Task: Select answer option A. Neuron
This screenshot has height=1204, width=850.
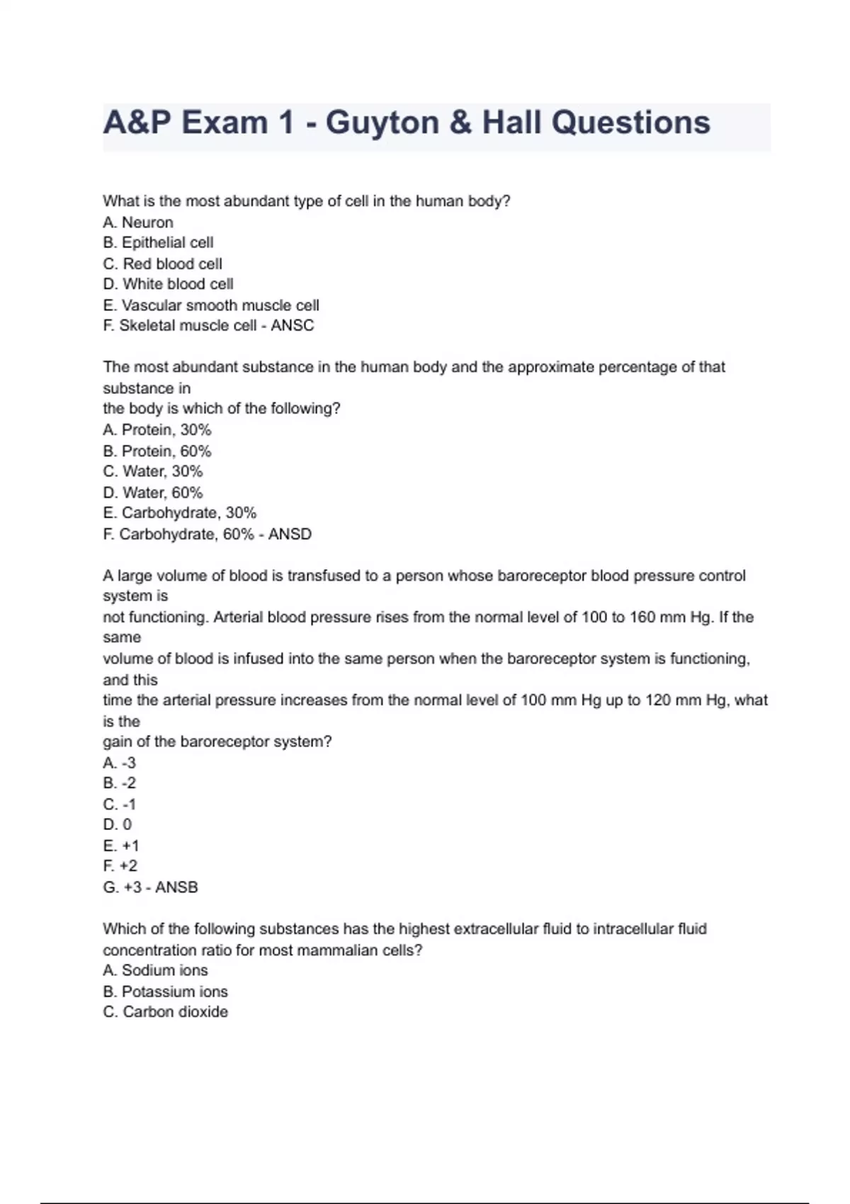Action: tap(138, 222)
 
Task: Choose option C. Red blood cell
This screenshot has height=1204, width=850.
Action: tap(162, 263)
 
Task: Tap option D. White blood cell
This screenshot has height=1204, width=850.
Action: tap(168, 284)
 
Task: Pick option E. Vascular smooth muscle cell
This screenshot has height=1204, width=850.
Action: tap(211, 305)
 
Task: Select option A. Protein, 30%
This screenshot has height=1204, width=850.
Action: tap(157, 430)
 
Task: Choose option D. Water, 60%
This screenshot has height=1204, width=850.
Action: tap(153, 492)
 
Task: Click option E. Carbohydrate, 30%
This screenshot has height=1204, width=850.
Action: tap(179, 513)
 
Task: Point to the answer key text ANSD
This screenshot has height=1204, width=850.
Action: tap(290, 534)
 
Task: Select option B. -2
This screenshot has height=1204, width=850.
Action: tap(119, 783)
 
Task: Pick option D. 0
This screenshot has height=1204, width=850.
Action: tap(117, 824)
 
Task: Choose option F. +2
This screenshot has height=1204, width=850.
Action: tap(120, 866)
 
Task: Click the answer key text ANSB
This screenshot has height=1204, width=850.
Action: tap(176, 887)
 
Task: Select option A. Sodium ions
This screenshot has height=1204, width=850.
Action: tap(155, 970)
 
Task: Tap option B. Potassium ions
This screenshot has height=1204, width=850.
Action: tap(165, 992)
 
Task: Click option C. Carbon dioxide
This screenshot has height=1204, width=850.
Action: tap(165, 1012)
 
